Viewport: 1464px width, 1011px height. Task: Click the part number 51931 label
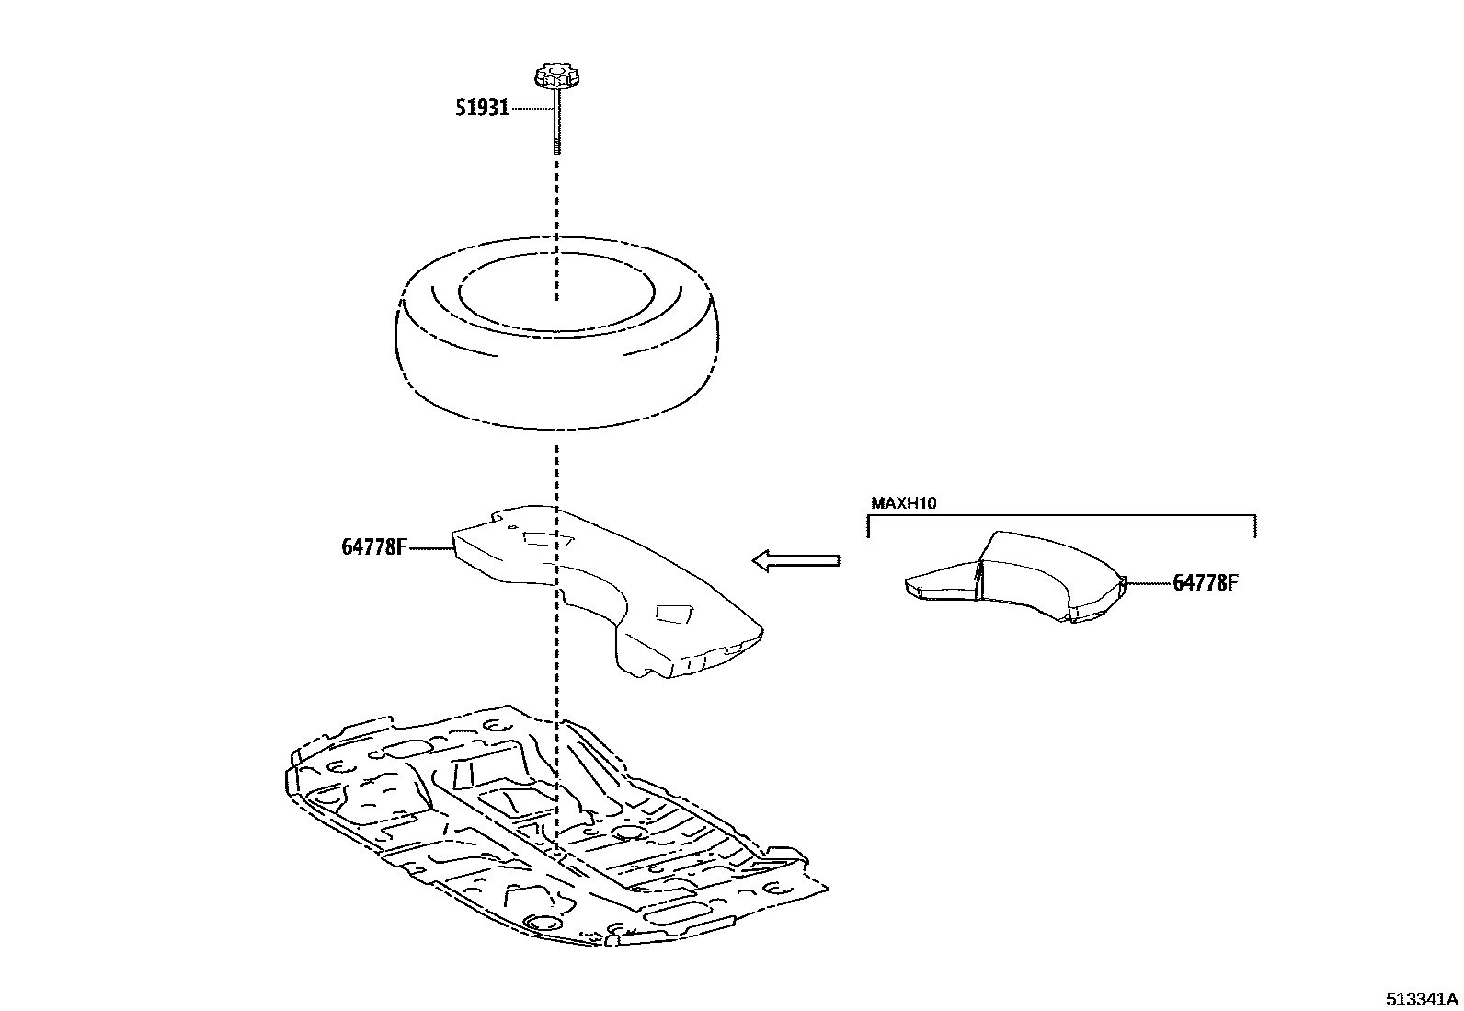(482, 109)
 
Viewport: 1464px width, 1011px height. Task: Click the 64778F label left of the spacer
(373, 546)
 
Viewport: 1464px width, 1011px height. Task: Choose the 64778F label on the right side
(1205, 582)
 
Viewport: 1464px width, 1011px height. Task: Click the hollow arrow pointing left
(795, 559)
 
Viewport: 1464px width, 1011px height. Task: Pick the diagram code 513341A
(1424, 999)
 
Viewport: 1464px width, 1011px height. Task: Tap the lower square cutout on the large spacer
(675, 613)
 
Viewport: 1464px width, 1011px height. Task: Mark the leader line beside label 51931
(532, 109)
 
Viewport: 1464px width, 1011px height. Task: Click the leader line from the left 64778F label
(429, 548)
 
